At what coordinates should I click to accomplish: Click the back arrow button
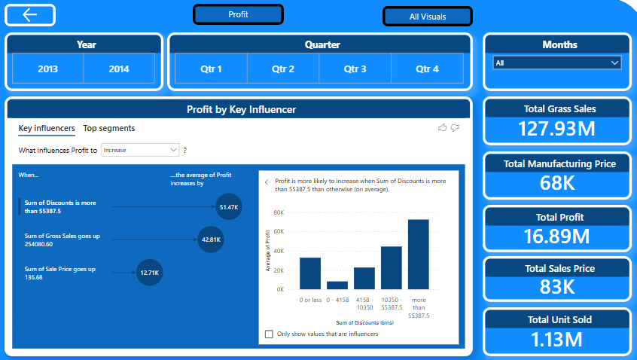coord(30,15)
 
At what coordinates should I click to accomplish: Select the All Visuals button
coord(428,17)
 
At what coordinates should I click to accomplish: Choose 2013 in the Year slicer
coord(48,69)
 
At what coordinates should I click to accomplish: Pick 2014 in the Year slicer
coord(119,69)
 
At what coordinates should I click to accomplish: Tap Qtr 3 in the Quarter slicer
coord(355,69)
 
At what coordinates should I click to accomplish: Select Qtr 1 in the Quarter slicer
coord(211,69)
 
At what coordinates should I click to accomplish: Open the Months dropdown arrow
coord(614,63)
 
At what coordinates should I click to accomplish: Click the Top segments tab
coord(109,128)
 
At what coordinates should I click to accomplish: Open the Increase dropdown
coord(140,151)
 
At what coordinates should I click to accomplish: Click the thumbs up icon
coord(443,128)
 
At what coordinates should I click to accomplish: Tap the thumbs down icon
coord(455,128)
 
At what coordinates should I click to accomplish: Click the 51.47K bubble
coord(229,207)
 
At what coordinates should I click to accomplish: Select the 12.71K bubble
coord(150,273)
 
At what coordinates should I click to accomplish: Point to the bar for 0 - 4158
coord(337,285)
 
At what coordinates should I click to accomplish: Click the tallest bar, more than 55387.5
coord(419,255)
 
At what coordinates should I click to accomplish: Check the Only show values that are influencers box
coord(269,334)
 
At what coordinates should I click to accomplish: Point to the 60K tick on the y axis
coord(279,232)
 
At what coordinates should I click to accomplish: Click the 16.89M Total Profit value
coord(556,236)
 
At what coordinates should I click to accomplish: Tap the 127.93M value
coord(556,129)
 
